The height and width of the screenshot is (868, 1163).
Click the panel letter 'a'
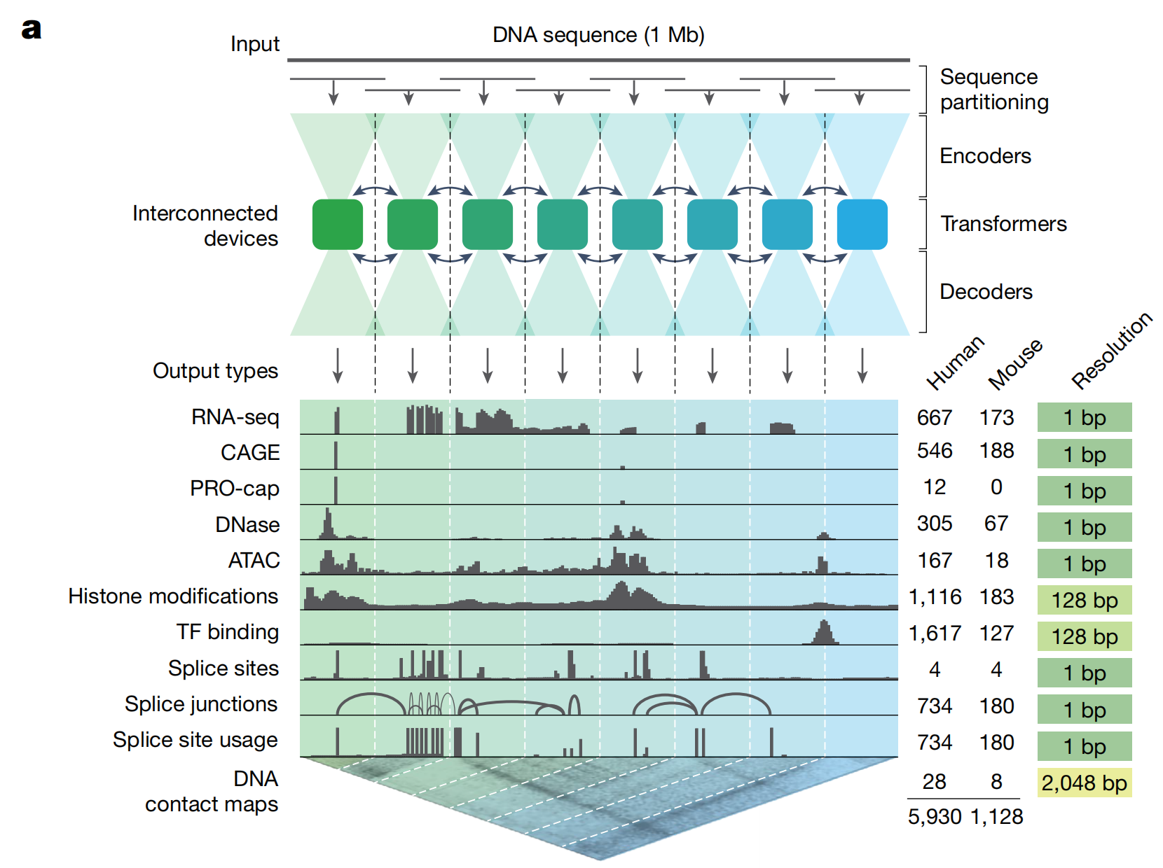tap(32, 29)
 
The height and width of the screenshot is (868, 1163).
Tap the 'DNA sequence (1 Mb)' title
tap(598, 35)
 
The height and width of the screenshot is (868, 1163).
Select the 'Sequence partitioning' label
tap(994, 90)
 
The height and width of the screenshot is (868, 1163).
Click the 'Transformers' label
tap(1003, 224)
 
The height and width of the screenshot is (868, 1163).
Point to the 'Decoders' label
tap(986, 292)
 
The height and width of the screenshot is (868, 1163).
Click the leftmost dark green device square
tap(338, 225)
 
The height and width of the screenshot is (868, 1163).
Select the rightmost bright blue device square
tap(862, 225)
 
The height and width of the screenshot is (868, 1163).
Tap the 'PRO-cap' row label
tap(235, 489)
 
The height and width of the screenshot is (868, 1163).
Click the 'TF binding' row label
tap(228, 632)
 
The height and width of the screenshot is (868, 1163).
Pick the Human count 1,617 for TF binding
tap(935, 633)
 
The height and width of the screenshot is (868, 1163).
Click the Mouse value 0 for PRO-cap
tap(996, 487)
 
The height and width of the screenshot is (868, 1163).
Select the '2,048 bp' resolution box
tap(1084, 783)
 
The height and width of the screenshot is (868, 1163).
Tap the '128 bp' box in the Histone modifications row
tap(1084, 601)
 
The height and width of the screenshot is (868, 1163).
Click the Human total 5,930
tap(935, 817)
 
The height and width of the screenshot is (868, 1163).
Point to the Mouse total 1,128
tap(997, 817)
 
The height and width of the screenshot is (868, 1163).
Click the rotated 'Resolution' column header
tap(1111, 351)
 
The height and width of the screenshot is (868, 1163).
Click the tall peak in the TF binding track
tap(825, 631)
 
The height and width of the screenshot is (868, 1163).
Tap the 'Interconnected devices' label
tap(205, 226)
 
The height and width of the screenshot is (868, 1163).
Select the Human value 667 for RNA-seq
tap(935, 418)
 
